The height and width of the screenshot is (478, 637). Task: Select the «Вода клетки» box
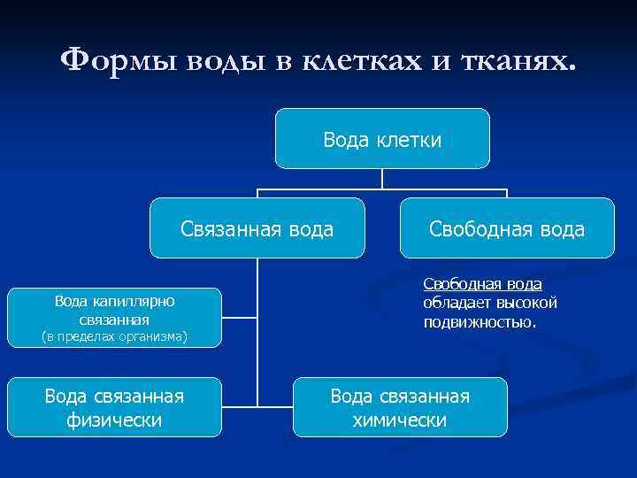click(382, 138)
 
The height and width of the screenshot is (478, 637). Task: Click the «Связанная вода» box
click(257, 228)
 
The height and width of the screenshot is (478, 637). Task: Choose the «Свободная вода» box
click(507, 228)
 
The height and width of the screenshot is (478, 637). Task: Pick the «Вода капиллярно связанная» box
click(114, 317)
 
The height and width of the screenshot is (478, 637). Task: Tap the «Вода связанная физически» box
click(114, 407)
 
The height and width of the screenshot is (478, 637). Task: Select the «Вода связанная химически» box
click(400, 407)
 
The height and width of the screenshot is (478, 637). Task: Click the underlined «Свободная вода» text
click(482, 283)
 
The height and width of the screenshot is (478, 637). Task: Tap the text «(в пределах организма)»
click(114, 335)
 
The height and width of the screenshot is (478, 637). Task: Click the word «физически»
click(114, 419)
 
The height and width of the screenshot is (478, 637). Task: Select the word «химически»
click(400, 419)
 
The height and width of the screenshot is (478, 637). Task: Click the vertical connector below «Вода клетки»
click(382, 179)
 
